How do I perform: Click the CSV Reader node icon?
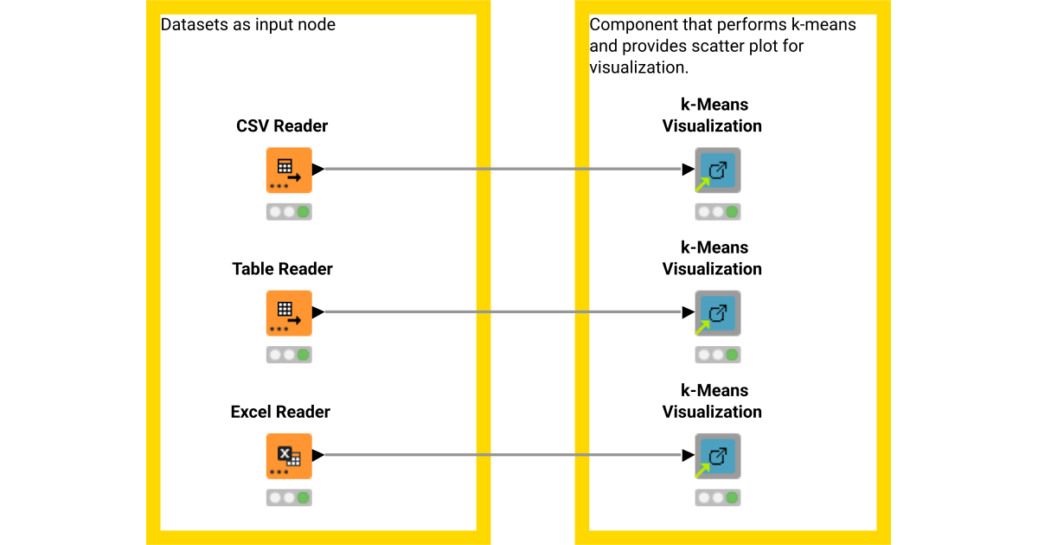[x=289, y=170]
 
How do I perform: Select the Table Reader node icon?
[x=289, y=312]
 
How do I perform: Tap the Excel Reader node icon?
[x=289, y=456]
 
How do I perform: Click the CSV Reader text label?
[x=282, y=126]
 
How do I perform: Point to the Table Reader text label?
[x=282, y=269]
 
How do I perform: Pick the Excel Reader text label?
[x=280, y=412]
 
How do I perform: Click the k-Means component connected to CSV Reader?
[x=717, y=170]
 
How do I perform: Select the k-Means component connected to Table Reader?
[x=717, y=312]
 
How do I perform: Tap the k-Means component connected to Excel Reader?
[x=717, y=456]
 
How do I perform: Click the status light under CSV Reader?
[x=289, y=212]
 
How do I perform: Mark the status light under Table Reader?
[x=289, y=355]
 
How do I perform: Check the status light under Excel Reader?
[x=289, y=497]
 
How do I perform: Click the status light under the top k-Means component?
[x=717, y=212]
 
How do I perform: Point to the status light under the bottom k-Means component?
[x=717, y=498]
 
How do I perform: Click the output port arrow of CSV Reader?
[x=317, y=170]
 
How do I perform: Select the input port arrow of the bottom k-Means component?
[x=689, y=456]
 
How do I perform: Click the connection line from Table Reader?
[x=502, y=312]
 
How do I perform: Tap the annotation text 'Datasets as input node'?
[x=248, y=25]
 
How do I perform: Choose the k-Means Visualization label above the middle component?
[x=712, y=259]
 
